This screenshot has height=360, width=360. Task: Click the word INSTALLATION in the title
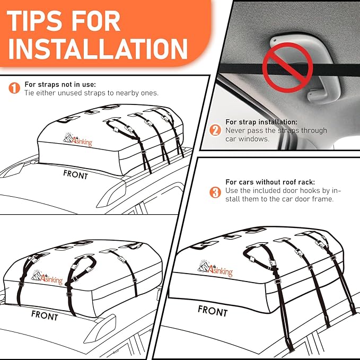point(98,48)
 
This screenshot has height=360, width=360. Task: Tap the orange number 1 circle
point(14,88)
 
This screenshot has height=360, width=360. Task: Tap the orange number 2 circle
point(215,130)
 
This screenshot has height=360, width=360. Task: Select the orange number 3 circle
point(215,192)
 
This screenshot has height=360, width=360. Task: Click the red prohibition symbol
point(288,68)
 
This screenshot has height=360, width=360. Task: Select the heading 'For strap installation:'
point(261,122)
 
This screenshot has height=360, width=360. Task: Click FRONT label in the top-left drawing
point(75,174)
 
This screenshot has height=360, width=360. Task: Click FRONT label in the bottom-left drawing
point(45,314)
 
